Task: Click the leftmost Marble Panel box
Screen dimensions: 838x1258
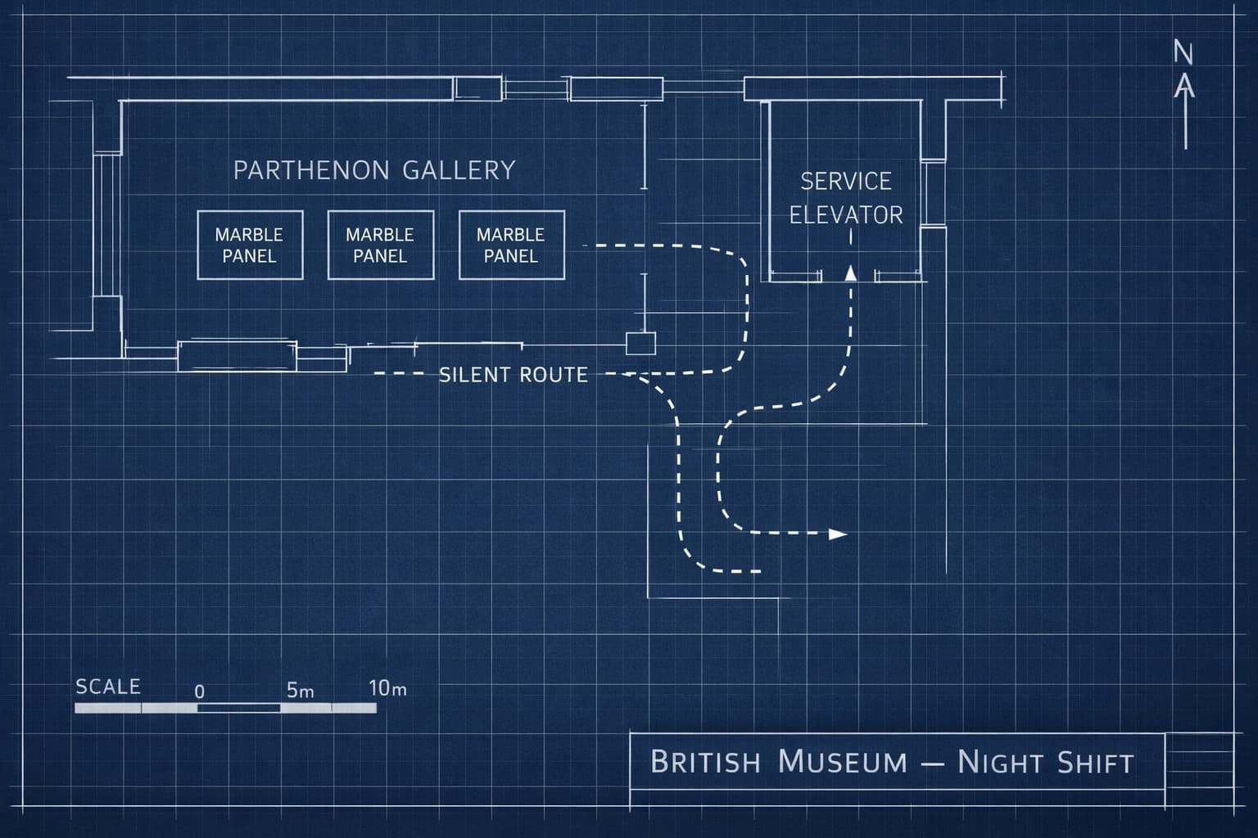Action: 250,246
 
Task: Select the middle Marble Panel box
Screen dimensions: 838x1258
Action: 380,246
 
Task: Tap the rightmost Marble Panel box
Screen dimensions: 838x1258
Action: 511,246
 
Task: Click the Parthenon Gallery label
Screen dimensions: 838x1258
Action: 374,170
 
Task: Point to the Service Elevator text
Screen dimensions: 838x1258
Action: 846,198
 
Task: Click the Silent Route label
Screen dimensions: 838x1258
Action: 514,375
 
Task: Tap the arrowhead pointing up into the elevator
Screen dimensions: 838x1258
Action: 851,273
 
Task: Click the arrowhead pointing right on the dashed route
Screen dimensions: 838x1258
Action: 837,534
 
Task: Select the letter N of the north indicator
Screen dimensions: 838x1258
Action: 1183,52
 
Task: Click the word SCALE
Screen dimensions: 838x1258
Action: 108,687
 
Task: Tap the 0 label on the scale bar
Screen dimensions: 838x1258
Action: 199,692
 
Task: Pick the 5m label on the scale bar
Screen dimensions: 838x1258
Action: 300,691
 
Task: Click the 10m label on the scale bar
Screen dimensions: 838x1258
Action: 387,688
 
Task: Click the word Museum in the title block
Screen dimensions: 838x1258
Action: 843,762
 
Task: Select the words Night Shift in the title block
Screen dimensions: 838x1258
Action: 1046,763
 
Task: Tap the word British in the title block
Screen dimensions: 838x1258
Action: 705,762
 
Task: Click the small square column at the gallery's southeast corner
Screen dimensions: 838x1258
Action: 640,344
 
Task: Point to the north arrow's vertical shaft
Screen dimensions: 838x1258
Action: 1185,123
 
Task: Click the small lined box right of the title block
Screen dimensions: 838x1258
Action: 1198,760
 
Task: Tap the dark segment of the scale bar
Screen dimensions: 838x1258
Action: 238,708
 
